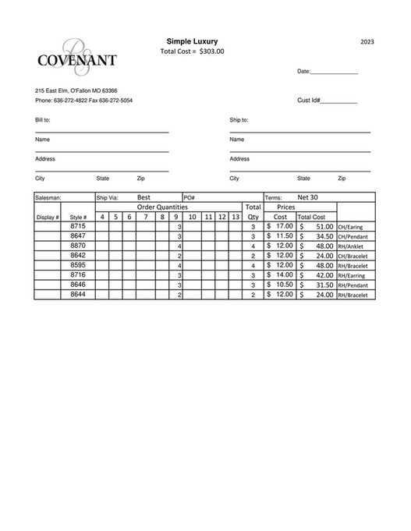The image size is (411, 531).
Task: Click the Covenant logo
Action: tap(77, 55)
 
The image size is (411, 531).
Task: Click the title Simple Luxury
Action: tap(192, 41)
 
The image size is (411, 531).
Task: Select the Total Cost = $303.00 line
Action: tap(192, 51)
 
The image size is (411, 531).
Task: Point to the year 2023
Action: tap(368, 41)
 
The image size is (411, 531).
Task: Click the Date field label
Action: tap(304, 72)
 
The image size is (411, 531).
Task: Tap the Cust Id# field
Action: tap(327, 101)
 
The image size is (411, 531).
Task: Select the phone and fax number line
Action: tap(83, 101)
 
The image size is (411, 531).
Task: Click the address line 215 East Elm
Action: tap(76, 90)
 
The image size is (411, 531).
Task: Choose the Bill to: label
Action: tap(43, 120)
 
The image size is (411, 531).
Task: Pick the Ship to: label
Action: tap(239, 120)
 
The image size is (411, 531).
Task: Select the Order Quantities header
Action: tap(162, 207)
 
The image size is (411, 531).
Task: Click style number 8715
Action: tap(78, 226)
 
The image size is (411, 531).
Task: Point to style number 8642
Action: tap(78, 255)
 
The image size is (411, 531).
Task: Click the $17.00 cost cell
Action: tap(280, 226)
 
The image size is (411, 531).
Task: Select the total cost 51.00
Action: tap(323, 227)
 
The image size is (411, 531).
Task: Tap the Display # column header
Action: tap(48, 217)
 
